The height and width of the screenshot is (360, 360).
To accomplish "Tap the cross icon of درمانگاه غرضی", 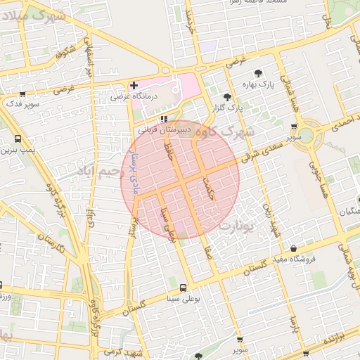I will tap(134, 86).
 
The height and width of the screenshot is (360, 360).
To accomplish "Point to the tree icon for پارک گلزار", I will tap(226, 97).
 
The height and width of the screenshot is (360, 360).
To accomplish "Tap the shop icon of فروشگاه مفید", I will tap(293, 248).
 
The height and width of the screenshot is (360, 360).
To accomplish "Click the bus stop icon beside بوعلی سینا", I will tap(184, 288).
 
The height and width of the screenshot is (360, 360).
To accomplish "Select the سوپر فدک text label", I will tap(21, 104).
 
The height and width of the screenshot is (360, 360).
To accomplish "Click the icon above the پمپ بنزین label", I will tap(18, 139).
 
